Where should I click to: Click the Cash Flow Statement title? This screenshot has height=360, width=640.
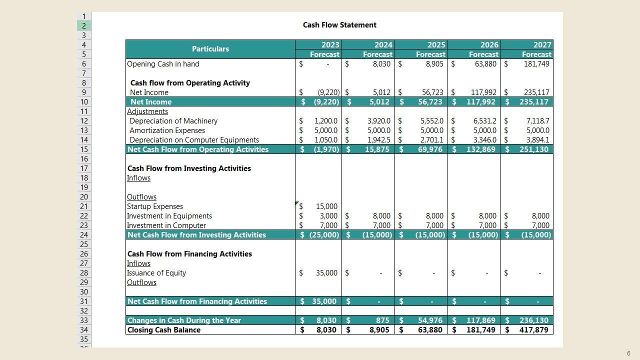click(x=339, y=25)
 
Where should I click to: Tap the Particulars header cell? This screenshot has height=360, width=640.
click(x=210, y=49)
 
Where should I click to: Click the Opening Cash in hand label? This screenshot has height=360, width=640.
click(x=163, y=64)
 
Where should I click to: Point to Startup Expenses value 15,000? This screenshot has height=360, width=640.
click(x=326, y=206)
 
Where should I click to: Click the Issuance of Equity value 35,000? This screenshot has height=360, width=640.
click(x=326, y=273)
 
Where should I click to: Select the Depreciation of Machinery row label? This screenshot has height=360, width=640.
click(x=173, y=121)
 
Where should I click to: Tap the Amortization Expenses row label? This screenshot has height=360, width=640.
click(x=167, y=130)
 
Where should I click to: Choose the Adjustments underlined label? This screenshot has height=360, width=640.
click(x=147, y=111)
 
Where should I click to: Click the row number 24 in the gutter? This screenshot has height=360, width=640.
click(x=83, y=235)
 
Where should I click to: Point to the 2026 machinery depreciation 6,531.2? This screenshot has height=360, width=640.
click(x=483, y=121)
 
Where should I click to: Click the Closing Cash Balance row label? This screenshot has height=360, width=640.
click(x=164, y=330)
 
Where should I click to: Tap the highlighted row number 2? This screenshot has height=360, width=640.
click(x=83, y=26)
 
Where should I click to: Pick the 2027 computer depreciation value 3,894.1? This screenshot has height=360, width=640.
click(x=537, y=140)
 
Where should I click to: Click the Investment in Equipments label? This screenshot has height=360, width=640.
click(x=169, y=216)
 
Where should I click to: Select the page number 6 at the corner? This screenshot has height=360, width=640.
click(x=628, y=353)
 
